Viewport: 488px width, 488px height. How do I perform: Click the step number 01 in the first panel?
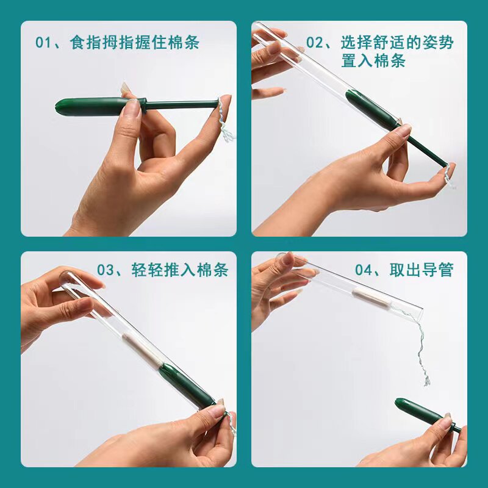(x=45, y=43)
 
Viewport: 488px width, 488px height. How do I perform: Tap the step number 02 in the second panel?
(x=315, y=43)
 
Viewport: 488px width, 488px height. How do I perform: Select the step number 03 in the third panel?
(x=107, y=270)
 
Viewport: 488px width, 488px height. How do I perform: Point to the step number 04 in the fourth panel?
(x=365, y=270)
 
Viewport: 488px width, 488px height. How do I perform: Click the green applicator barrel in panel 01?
(x=91, y=106)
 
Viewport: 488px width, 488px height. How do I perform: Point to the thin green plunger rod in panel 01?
(x=183, y=104)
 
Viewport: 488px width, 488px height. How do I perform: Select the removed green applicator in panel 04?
(x=421, y=412)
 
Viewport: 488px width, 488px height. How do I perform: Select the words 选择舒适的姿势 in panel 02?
(x=397, y=43)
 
